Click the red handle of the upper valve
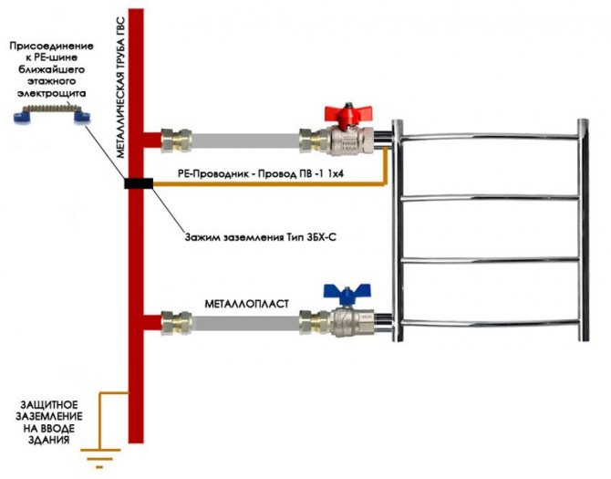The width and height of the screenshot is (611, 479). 345,114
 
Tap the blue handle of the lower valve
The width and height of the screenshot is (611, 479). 342,294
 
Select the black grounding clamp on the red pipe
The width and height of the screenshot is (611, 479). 137,183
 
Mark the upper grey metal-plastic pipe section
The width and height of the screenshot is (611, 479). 241,141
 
